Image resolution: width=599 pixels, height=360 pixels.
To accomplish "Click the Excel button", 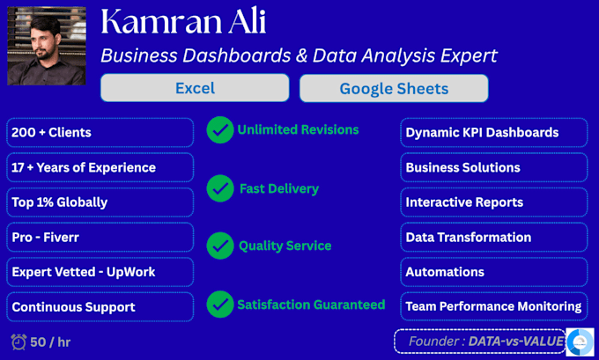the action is tap(195, 88).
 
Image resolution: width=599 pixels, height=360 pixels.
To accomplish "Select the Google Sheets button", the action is tap(394, 88).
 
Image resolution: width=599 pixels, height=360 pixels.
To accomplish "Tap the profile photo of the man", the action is tap(47, 46).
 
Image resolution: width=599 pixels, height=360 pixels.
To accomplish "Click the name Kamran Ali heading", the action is tap(183, 21).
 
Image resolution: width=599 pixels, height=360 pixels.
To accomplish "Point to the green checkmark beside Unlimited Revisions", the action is tap(220, 129).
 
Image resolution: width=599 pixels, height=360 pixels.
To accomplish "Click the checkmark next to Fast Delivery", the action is tap(220, 188).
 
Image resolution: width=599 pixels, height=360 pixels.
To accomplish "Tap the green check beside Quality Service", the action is tap(220, 246).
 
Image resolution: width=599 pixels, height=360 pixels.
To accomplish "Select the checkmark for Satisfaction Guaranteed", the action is tap(220, 305).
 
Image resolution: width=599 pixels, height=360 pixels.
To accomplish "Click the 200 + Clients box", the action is tap(100, 133).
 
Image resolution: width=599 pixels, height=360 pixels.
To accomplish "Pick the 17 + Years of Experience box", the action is tap(100, 167).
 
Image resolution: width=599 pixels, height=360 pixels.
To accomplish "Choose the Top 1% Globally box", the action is tap(100, 202).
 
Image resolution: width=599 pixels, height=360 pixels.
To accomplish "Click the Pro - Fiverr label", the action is tap(46, 237).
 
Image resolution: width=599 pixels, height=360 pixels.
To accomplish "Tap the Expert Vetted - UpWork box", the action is tap(100, 272).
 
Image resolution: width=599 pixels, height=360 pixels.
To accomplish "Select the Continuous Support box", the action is tap(100, 306).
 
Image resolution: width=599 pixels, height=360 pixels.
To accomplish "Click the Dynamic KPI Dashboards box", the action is tap(494, 133).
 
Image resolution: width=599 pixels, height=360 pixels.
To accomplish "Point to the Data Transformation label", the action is tap(469, 237).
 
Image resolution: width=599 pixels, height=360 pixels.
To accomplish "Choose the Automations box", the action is tap(494, 272).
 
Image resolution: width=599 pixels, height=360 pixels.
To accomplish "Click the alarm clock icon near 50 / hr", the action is tap(18, 342).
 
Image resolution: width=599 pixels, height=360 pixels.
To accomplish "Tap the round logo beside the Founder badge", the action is tap(580, 342).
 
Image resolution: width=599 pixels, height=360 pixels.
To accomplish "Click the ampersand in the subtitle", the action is tap(302, 55).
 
